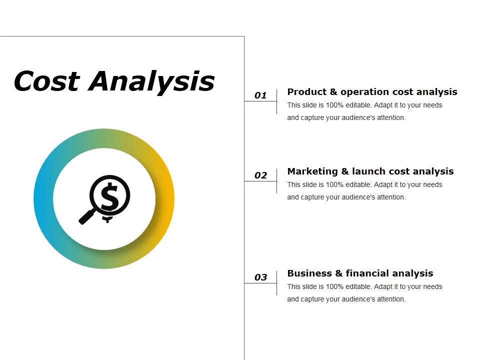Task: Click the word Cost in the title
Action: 46,81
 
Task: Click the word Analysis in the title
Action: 152,81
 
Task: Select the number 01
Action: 260,95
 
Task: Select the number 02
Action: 260,175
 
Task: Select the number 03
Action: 260,277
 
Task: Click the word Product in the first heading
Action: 306,92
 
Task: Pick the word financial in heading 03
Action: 367,273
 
